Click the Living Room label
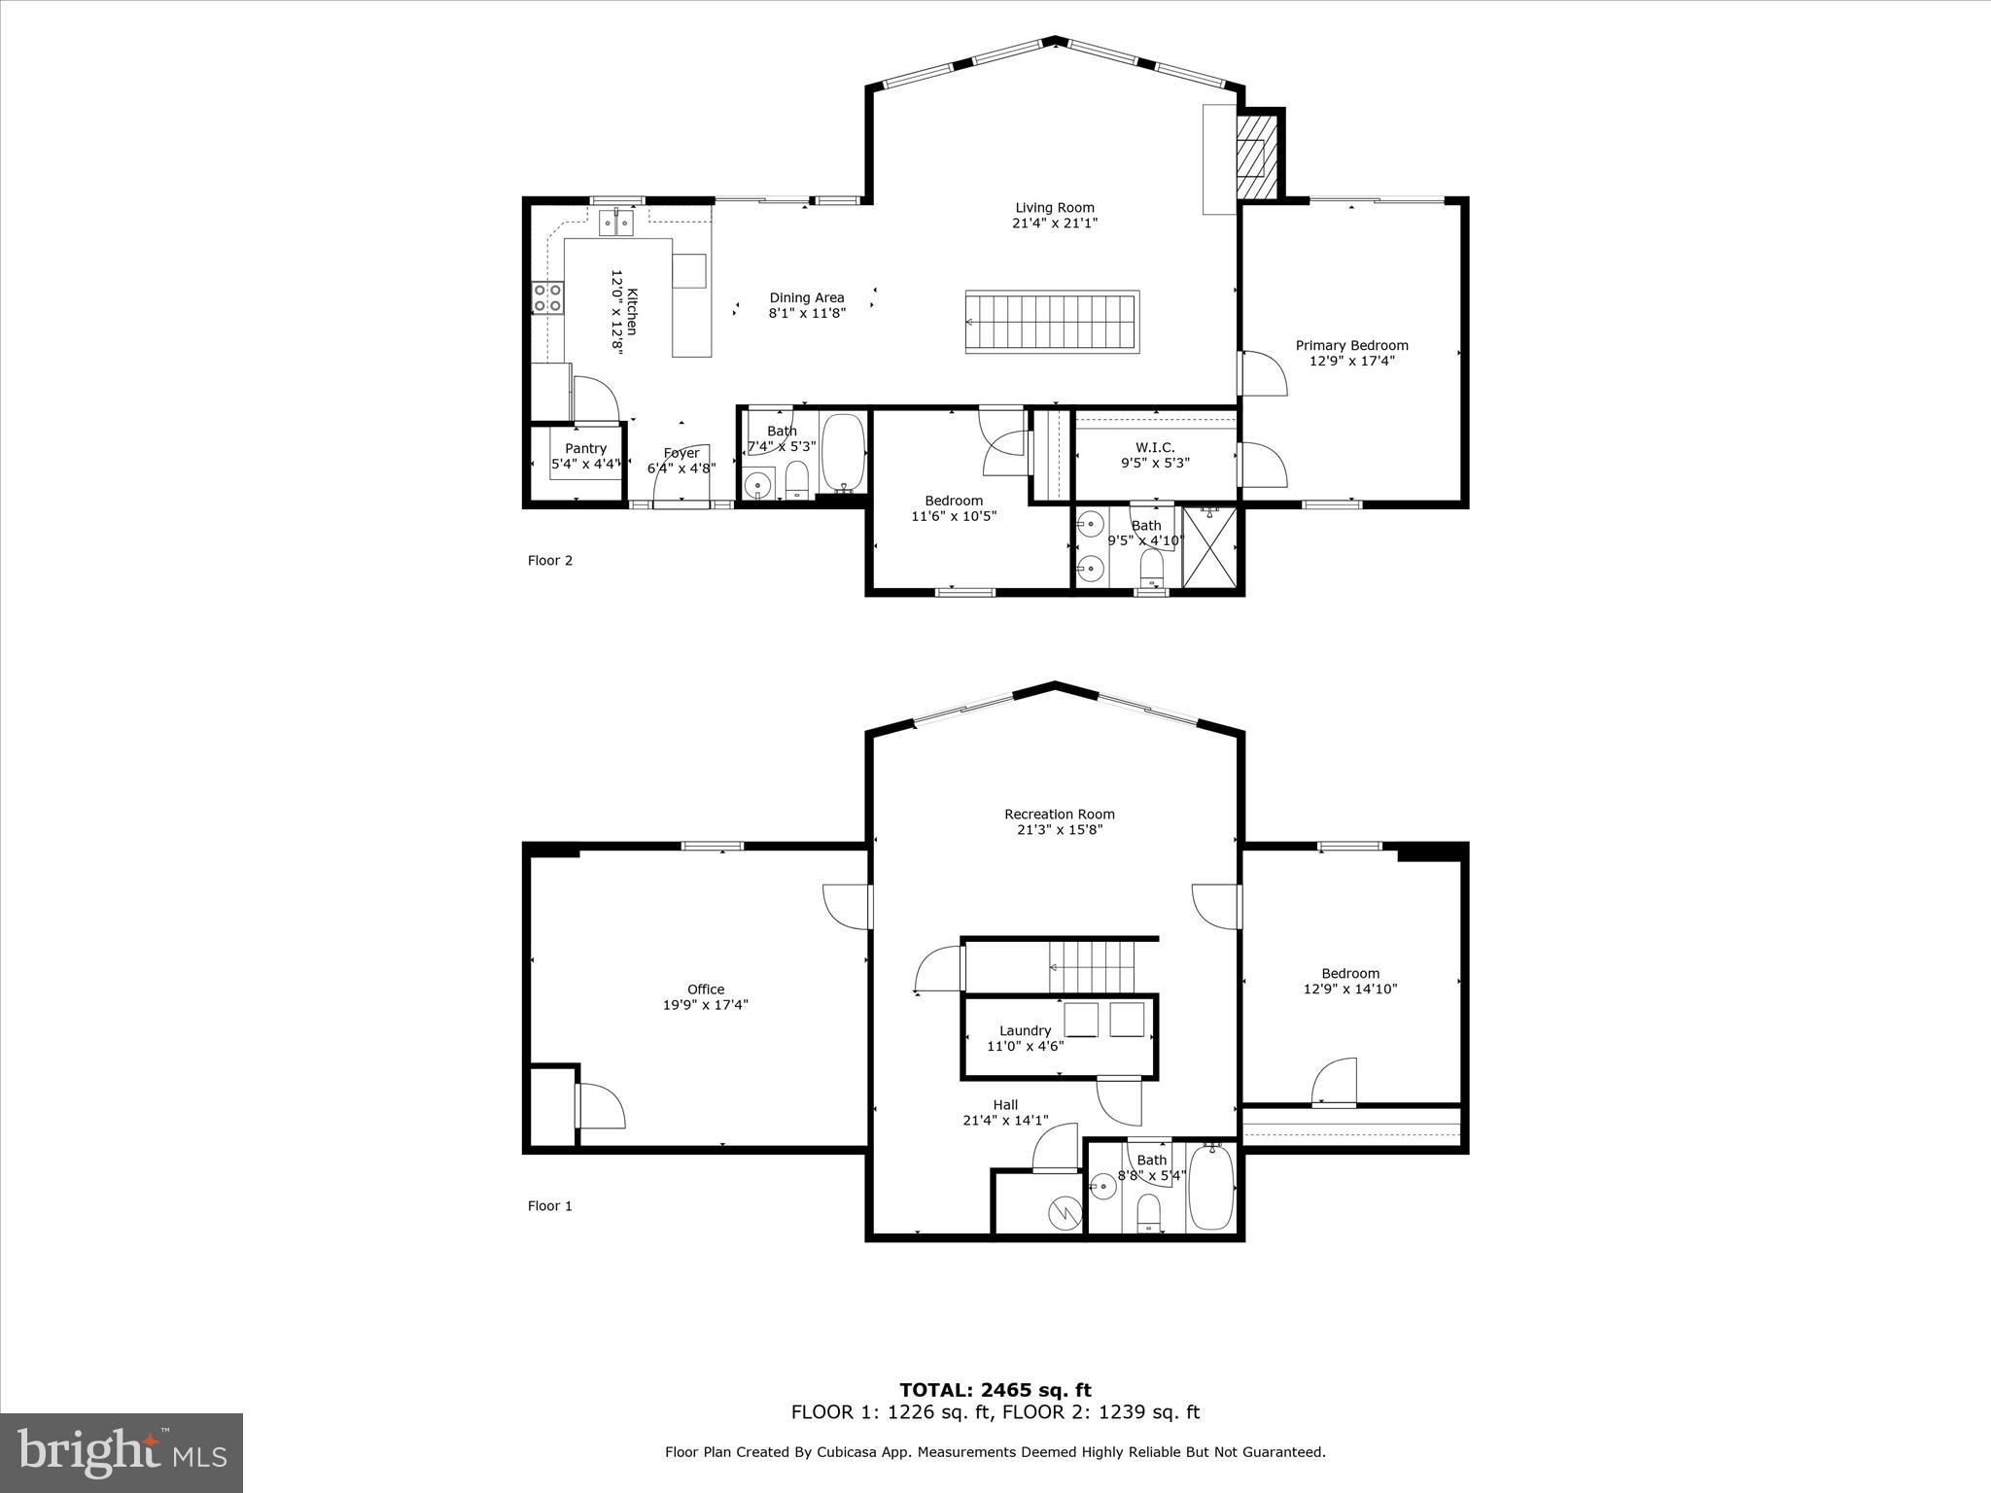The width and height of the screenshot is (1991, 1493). coord(1055,207)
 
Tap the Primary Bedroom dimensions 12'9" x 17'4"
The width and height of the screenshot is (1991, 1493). coord(1351,361)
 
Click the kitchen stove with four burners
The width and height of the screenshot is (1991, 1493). coord(547,296)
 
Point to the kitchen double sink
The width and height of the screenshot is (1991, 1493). coord(616,224)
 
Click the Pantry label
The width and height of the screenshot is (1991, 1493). coord(585,448)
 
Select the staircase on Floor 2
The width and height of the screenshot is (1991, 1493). coord(1051,322)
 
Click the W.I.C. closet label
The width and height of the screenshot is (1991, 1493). coord(1155,447)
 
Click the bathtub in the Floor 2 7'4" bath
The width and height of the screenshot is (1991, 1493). coord(843,453)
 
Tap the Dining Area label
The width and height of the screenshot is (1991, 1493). coord(807,297)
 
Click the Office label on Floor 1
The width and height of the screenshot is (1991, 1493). coord(706,990)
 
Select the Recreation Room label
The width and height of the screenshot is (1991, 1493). coord(1059,815)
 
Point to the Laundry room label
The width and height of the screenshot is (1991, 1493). coord(1025,1030)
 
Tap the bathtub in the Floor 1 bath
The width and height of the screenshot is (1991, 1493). coord(1211,1188)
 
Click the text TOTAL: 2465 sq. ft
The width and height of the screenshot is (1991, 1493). coord(995,1390)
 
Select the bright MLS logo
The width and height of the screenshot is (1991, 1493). coord(122,1452)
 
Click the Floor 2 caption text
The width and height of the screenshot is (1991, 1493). coord(550,560)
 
